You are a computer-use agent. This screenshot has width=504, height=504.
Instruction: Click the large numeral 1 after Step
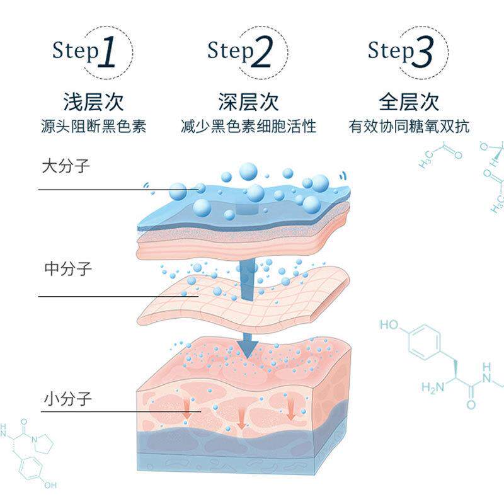[x=108, y=52]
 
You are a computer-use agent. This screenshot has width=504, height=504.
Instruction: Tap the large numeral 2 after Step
[x=263, y=52]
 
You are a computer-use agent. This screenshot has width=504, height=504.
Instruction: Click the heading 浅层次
[x=93, y=101]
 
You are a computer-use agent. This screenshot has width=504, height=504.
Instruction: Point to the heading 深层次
[x=248, y=101]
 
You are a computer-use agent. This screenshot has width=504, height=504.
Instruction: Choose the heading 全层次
[x=409, y=101]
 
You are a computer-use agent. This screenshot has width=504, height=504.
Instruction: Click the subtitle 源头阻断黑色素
[x=93, y=126]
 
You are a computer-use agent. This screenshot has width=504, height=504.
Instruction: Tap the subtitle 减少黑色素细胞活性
[x=248, y=126]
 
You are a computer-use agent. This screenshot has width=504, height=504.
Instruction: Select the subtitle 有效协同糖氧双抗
[x=409, y=126]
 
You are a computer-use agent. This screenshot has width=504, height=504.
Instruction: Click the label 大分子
[x=66, y=167]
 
